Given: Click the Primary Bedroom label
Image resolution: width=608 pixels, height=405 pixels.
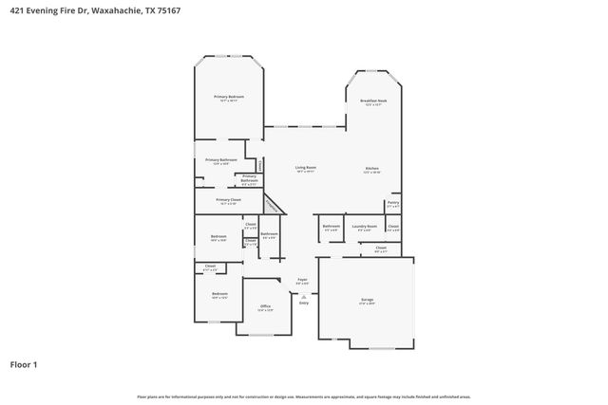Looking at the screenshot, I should click(228, 97).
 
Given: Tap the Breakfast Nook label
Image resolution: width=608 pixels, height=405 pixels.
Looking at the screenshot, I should click(372, 101).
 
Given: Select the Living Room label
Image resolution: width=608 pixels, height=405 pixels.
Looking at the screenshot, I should click(305, 167).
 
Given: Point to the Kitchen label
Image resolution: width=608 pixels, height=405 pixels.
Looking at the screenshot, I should click(371, 168).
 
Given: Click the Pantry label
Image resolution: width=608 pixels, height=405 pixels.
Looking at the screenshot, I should click(392, 202).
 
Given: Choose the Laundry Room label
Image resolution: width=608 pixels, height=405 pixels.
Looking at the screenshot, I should click(365, 226).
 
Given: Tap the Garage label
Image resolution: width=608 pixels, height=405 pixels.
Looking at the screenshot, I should click(367, 300).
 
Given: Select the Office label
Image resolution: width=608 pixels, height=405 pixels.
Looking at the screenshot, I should click(265, 305).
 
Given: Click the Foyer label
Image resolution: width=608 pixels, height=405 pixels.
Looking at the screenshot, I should click(302, 279).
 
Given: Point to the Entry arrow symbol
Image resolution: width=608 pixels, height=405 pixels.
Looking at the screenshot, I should click(303, 295).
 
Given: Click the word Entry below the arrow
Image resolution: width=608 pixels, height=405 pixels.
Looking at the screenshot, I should click(303, 303).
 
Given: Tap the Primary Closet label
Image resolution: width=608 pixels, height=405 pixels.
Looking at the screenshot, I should click(228, 200).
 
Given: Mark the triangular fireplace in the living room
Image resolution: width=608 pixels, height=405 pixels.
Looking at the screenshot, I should click(272, 204).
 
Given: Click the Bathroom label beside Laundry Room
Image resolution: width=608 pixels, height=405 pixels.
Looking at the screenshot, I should click(331, 226).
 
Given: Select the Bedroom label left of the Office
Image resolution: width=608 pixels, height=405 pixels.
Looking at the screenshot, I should click(219, 294).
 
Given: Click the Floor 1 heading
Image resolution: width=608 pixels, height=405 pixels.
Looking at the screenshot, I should click(24, 363).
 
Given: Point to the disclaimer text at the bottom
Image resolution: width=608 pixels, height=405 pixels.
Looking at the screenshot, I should click(303, 396).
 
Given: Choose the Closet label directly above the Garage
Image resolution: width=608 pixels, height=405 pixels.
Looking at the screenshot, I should click(380, 249).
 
